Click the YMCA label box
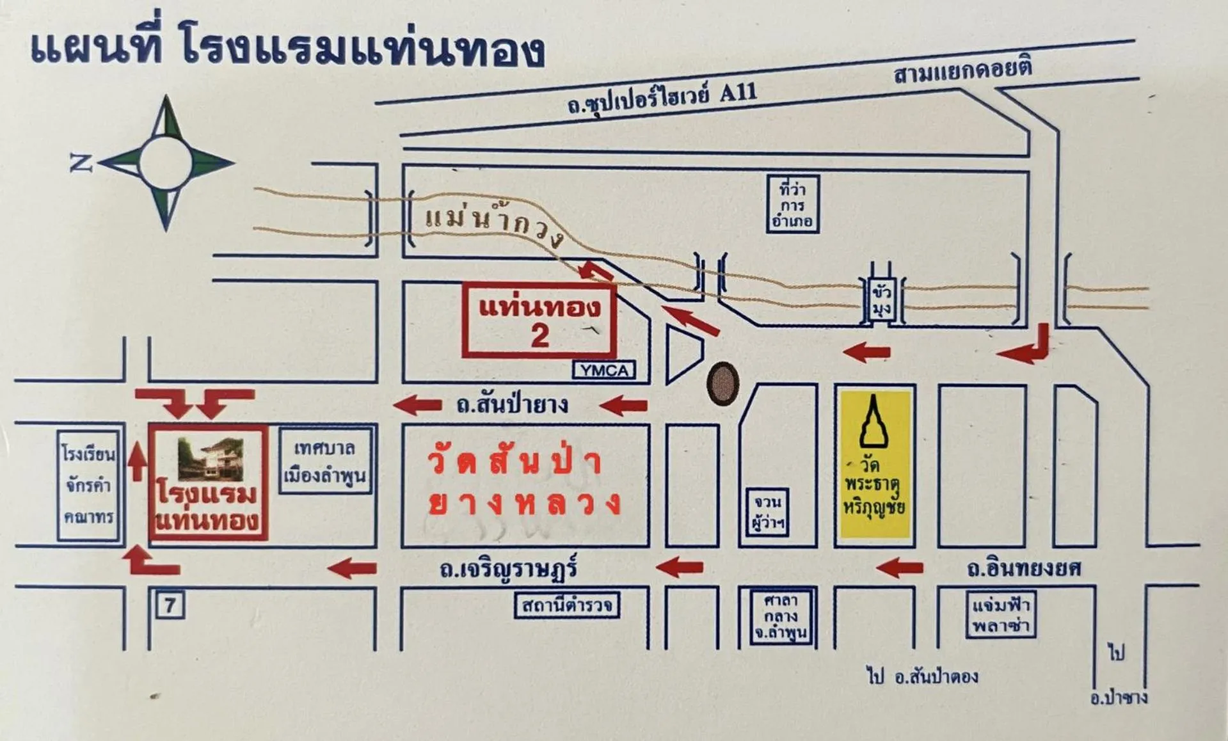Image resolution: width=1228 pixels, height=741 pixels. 604,370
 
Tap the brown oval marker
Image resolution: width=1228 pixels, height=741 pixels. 722,383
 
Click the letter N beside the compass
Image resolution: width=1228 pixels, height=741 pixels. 81,164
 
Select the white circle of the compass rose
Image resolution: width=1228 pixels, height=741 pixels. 166,163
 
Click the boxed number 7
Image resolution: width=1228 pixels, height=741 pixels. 170,605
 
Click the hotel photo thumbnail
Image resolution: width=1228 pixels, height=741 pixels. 211,459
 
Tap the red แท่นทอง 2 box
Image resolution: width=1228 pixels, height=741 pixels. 539,319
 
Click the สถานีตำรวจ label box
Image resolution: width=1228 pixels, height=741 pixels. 567,605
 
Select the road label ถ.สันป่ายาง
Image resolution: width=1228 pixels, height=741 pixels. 513,405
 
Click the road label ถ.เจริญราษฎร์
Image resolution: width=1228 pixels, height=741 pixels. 509,568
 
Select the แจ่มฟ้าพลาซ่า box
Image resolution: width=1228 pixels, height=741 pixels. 1000,614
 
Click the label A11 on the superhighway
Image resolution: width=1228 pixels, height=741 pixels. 738,93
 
